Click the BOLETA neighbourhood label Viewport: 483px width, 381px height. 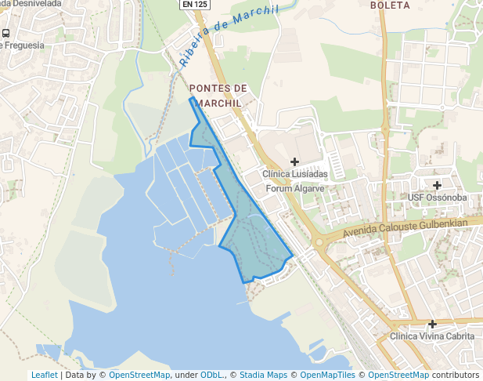[390, 5]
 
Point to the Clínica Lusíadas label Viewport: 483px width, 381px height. [294, 174]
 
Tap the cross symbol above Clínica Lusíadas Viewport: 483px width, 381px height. [294, 161]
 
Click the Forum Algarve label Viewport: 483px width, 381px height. [295, 188]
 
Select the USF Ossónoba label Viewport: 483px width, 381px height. [438, 198]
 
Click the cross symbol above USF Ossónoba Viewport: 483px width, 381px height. [437, 185]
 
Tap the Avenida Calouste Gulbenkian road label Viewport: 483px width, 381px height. [408, 229]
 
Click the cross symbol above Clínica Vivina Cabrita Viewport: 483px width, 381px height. [432, 324]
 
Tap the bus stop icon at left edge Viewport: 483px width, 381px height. [5, 34]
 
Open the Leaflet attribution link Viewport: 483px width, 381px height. [44, 375]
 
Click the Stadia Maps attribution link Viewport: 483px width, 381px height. [262, 375]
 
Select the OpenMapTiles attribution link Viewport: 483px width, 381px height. [327, 375]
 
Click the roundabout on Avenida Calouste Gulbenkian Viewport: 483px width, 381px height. [319, 242]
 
